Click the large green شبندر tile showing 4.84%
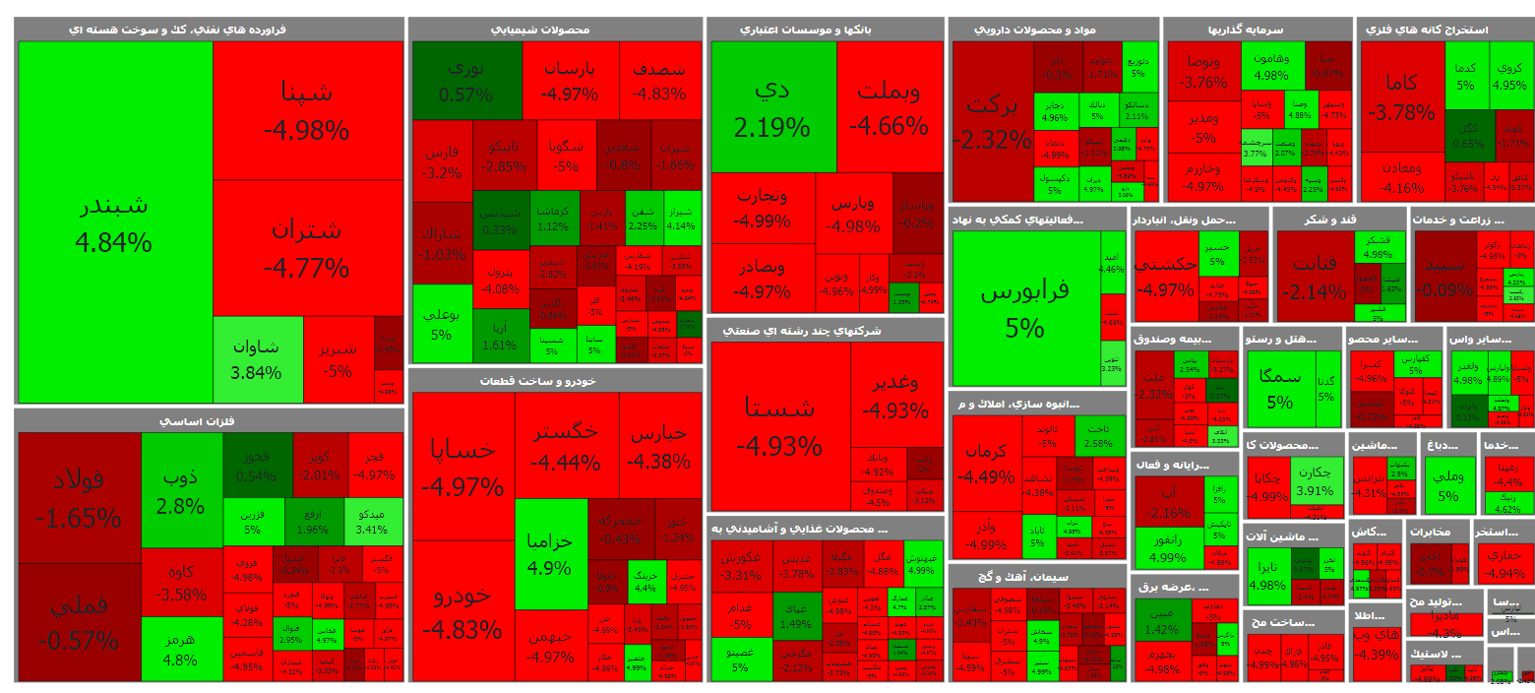point(116,221)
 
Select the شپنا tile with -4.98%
point(307,109)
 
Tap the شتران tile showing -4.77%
point(307,247)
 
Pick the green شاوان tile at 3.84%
point(257,359)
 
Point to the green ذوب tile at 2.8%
point(181,490)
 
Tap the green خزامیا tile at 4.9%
point(550,554)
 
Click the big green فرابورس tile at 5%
point(1025,307)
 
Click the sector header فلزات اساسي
point(210,421)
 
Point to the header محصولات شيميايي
point(555,30)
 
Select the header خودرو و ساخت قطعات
point(556,380)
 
